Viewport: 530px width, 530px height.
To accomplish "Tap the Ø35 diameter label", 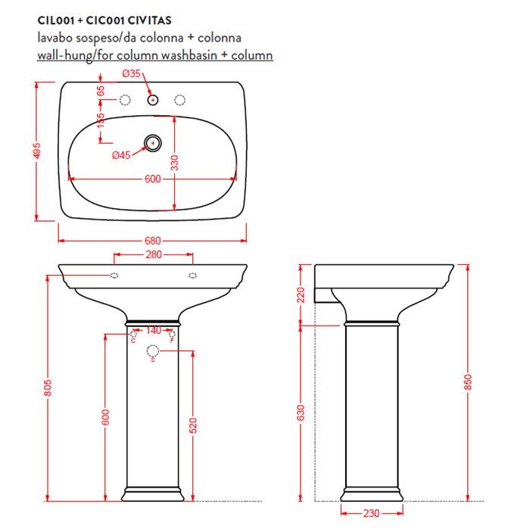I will click(x=132, y=73).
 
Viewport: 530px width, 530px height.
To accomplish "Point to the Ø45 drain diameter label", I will click(x=121, y=155).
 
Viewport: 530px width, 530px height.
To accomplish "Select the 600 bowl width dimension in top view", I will click(x=152, y=179).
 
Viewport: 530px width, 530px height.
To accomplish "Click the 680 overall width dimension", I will click(x=153, y=241).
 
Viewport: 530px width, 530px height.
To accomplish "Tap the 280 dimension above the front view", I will click(x=153, y=255).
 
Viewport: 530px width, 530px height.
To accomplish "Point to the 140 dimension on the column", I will click(x=153, y=330).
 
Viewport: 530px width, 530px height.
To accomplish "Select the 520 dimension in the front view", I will click(x=193, y=426).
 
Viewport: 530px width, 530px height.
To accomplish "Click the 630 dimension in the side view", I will click(x=301, y=413).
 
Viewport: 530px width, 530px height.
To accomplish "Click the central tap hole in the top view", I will click(x=153, y=99).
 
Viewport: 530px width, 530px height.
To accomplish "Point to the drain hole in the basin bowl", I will click(x=153, y=142).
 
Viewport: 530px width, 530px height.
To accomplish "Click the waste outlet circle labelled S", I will click(x=153, y=351).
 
